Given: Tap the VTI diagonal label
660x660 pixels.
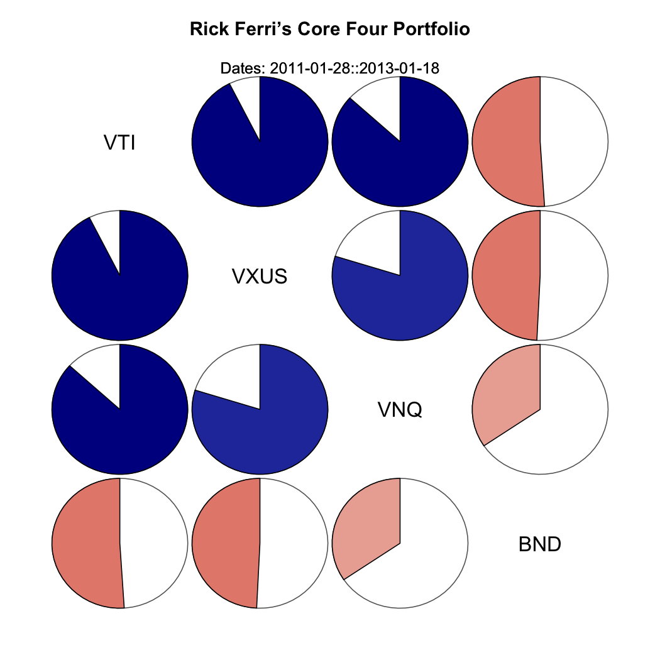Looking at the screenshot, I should click(x=119, y=143).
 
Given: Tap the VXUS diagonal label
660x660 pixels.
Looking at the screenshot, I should click(x=260, y=276).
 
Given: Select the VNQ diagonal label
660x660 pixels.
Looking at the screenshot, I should click(x=400, y=410).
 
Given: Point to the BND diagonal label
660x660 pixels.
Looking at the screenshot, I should click(x=540, y=544).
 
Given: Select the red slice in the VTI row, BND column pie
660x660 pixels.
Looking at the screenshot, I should click(x=506, y=141).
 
